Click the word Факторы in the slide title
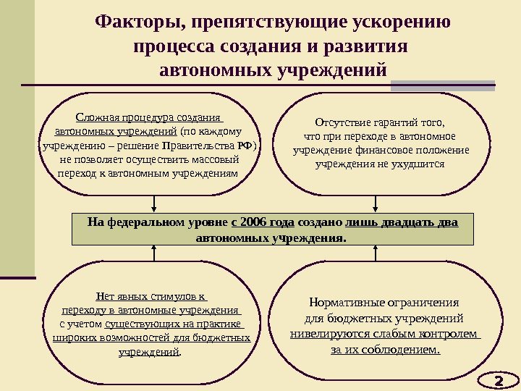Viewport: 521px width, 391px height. point(137,22)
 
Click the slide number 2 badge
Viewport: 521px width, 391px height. point(498,379)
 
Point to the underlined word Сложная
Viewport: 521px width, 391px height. point(97,118)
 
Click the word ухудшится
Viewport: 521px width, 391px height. point(420,164)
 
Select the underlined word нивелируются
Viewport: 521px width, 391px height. point(323,335)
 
